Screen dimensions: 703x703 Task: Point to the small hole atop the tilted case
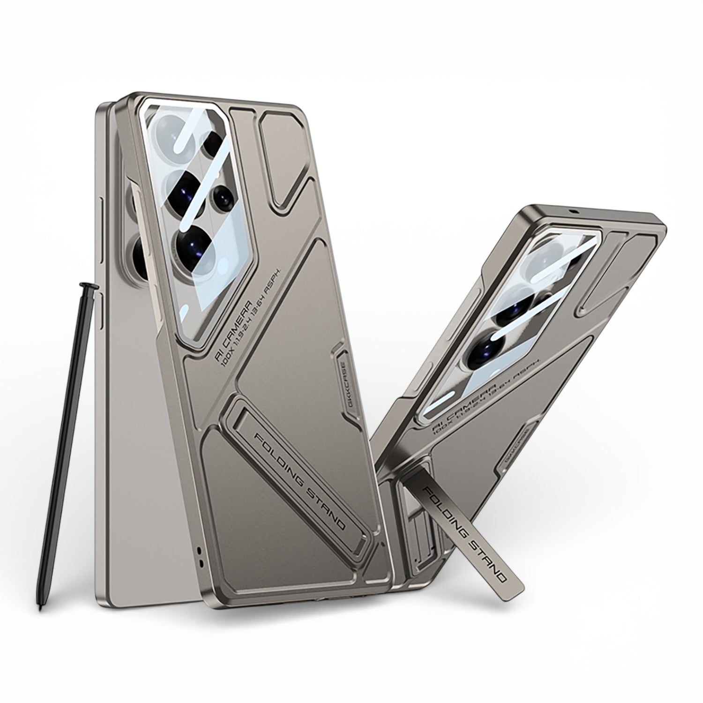pos(573,212)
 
